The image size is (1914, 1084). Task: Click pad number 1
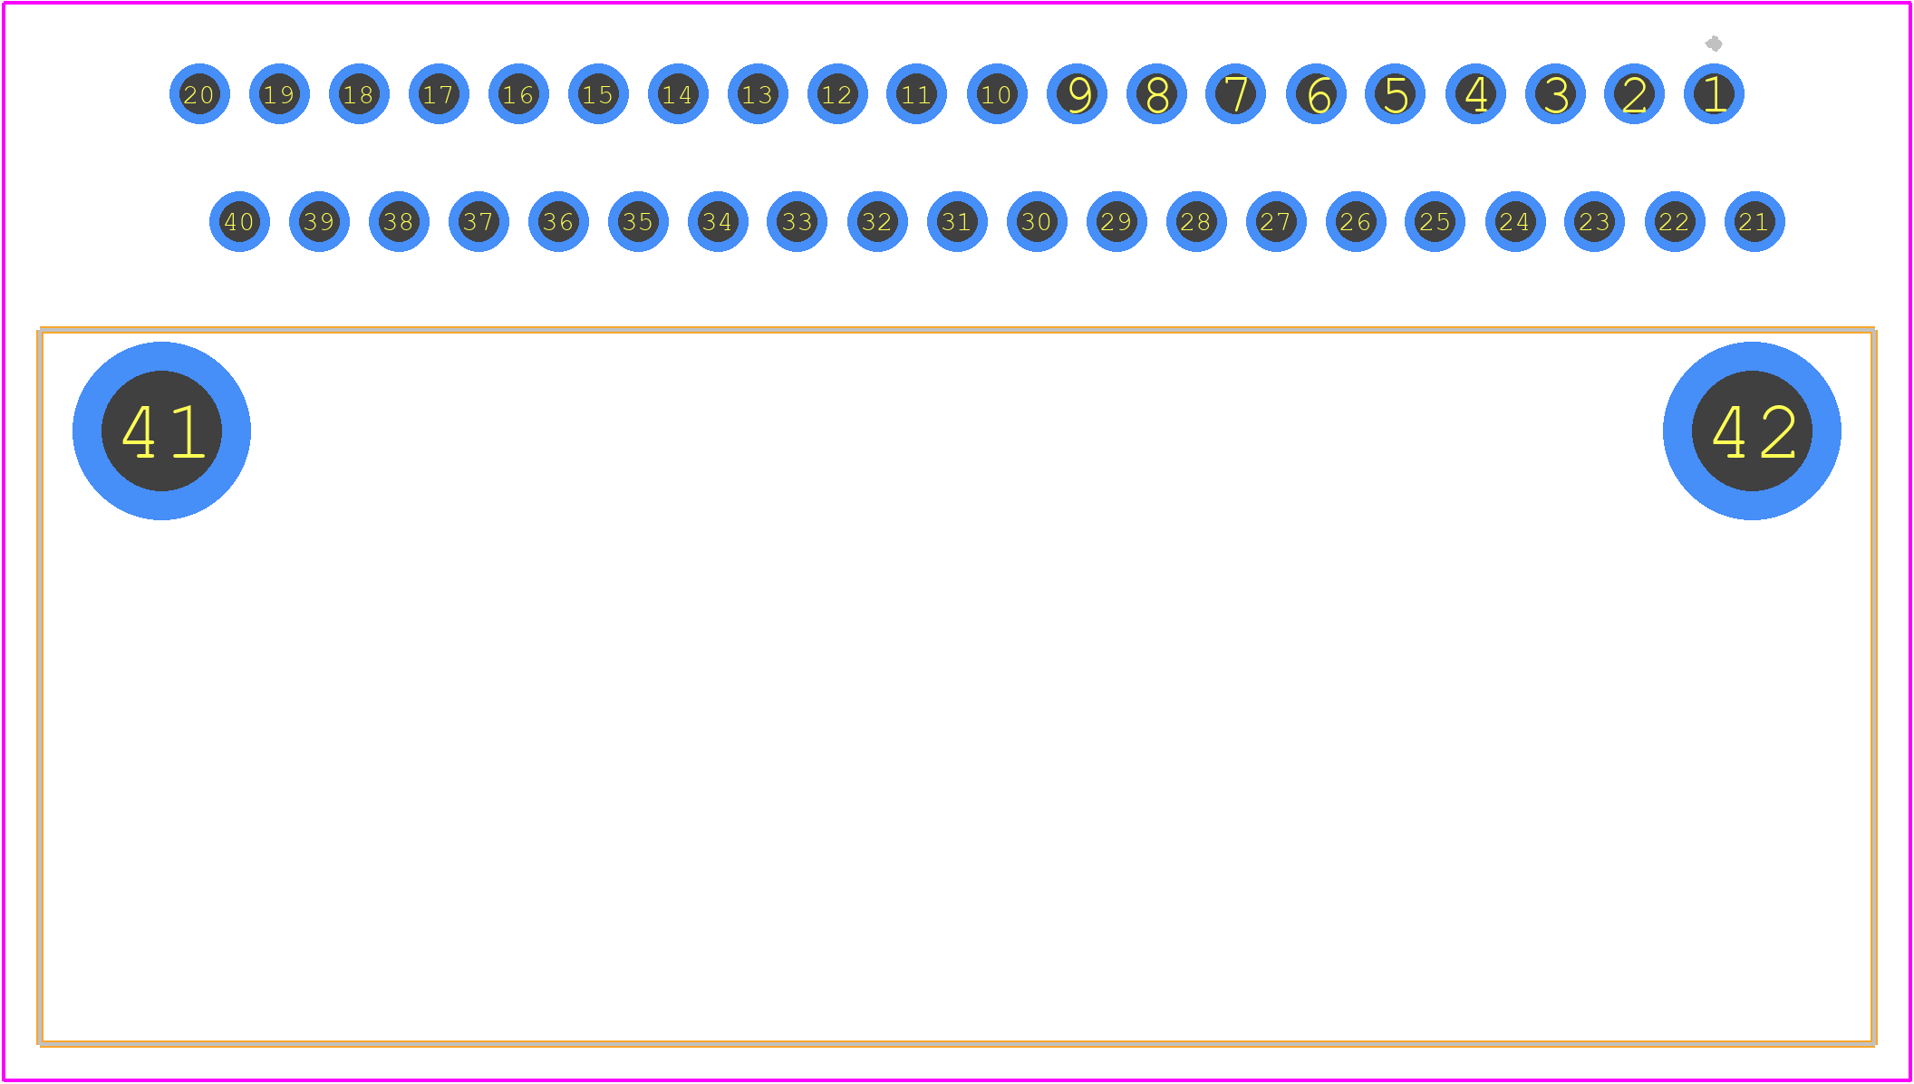click(x=1714, y=94)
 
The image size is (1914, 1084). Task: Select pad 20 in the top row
click(x=199, y=94)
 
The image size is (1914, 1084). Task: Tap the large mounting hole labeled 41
click(x=161, y=431)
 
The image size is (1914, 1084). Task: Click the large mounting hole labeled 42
click(x=1752, y=431)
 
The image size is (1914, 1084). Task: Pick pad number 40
click(x=239, y=221)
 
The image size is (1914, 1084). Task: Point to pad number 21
click(x=1754, y=221)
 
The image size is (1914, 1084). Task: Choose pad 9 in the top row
click(x=1077, y=94)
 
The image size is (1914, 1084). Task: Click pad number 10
click(x=997, y=94)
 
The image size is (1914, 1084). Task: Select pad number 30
click(x=1037, y=221)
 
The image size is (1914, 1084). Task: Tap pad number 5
click(x=1395, y=94)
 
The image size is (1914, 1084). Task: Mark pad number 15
click(x=598, y=94)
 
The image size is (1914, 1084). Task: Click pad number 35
click(x=638, y=221)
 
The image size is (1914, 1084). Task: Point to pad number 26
click(x=1356, y=221)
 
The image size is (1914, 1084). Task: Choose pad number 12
click(x=837, y=94)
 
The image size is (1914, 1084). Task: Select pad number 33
click(x=797, y=221)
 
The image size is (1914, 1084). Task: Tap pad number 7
click(x=1235, y=94)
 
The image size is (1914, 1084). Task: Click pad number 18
click(x=359, y=94)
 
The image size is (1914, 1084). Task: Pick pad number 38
click(x=399, y=221)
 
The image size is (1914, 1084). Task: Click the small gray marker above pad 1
click(x=1714, y=44)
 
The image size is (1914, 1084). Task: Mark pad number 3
click(x=1555, y=94)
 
